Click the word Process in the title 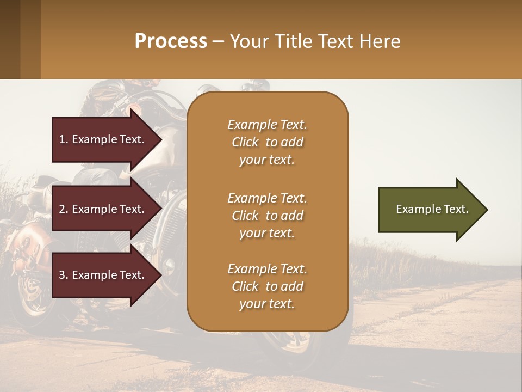(x=171, y=41)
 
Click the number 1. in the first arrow (x=64, y=139)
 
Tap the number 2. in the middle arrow (x=64, y=209)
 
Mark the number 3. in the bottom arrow (x=64, y=275)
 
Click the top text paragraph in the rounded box (x=267, y=142)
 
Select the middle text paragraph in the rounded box (x=267, y=216)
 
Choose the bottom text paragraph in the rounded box (x=267, y=286)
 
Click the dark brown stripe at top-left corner (x=10, y=39)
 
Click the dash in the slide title (x=219, y=42)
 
